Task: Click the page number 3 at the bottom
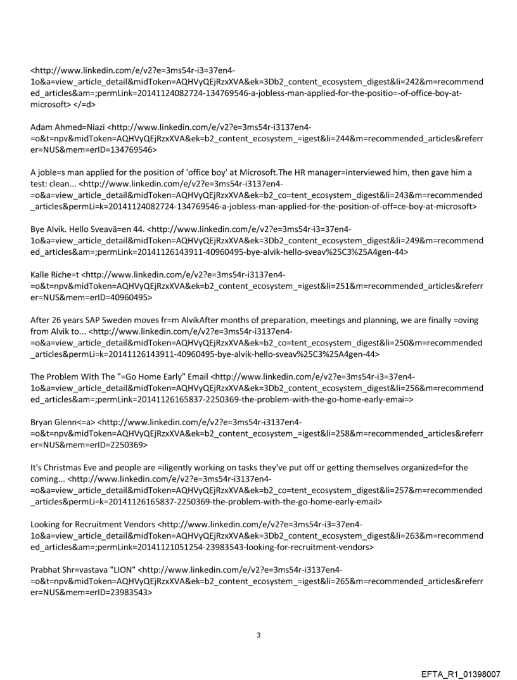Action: point(258,634)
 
